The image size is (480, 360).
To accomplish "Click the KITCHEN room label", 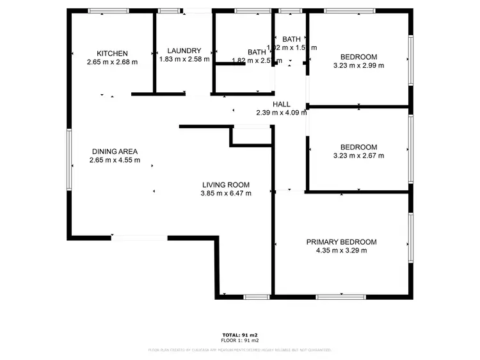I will pos(113,53).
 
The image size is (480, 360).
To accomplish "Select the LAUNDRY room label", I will pos(184,51).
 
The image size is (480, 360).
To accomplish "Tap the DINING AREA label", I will pos(115,151).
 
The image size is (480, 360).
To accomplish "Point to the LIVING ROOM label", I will pos(225,184).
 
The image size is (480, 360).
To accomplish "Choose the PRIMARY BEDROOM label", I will pos(341,241).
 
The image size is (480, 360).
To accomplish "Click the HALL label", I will pos(282,104).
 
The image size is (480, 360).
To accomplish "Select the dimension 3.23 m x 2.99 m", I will pos(358,65).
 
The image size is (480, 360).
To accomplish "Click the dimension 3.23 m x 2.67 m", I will pos(358,155).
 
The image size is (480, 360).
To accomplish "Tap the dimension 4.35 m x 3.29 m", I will pos(341,250).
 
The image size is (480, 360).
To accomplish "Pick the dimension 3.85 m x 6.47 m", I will pos(225,193).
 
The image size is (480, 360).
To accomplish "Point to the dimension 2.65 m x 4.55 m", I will pos(115,160).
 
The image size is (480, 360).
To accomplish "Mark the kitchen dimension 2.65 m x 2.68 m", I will pos(113,62).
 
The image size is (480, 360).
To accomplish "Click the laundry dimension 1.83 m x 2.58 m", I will pos(184,59).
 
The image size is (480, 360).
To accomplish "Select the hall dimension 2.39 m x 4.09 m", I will pos(282,112).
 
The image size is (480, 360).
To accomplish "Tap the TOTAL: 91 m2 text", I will pos(239,335).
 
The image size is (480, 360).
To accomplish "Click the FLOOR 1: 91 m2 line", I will pos(239,340).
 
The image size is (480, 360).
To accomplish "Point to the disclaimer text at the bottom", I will pos(239,350).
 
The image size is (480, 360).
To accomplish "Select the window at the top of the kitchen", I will pos(108,11).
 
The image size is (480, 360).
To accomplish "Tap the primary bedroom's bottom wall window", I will pos(340,297).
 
